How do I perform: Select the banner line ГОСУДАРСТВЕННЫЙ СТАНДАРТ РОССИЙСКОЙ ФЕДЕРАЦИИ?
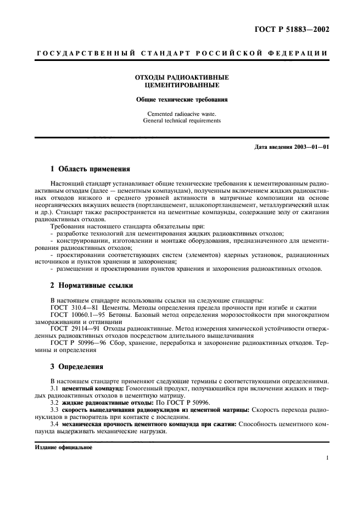[x=182, y=53]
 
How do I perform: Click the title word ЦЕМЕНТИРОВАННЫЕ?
[x=182, y=86]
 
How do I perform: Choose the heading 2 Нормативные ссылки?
[x=91, y=286]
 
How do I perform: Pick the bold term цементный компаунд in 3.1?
[x=89, y=388]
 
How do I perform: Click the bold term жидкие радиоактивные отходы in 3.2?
[x=99, y=403]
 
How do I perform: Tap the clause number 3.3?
[x=54, y=410]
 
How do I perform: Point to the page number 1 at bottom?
[x=327, y=457]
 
